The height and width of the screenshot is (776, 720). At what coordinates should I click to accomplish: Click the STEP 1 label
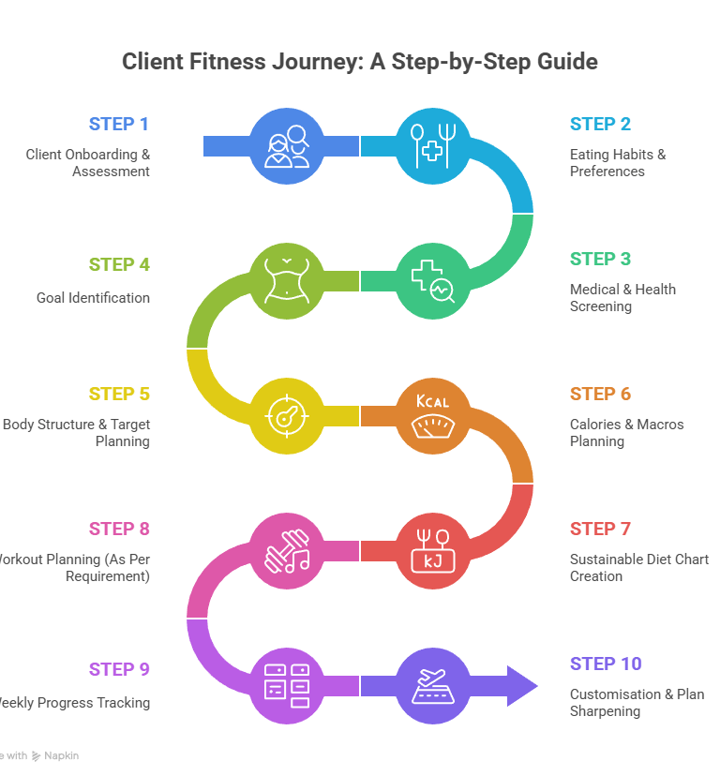pyautogui.click(x=119, y=124)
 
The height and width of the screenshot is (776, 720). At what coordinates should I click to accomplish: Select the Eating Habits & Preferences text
pyautogui.click(x=618, y=162)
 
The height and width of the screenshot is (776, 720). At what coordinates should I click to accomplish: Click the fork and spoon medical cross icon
pyautogui.click(x=432, y=146)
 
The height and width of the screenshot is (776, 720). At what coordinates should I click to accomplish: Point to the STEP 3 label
pyautogui.click(x=600, y=259)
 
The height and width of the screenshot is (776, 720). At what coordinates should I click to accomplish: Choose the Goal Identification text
pyautogui.click(x=94, y=298)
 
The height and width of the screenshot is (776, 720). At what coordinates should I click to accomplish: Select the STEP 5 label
pyautogui.click(x=119, y=394)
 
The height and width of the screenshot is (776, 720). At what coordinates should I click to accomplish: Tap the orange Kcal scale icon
pyautogui.click(x=432, y=415)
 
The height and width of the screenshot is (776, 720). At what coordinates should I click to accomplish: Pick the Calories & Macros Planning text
pyautogui.click(x=626, y=432)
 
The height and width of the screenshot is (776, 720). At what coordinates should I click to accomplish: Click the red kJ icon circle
pyautogui.click(x=432, y=550)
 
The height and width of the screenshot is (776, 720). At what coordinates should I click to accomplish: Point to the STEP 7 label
pyautogui.click(x=600, y=529)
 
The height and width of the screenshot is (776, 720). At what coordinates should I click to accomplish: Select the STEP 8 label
pyautogui.click(x=119, y=529)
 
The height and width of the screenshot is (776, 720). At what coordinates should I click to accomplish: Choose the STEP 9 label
pyautogui.click(x=119, y=669)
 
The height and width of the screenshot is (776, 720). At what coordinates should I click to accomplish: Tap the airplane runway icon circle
pyautogui.click(x=432, y=685)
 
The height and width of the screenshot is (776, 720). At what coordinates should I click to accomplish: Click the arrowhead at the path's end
pyautogui.click(x=521, y=685)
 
